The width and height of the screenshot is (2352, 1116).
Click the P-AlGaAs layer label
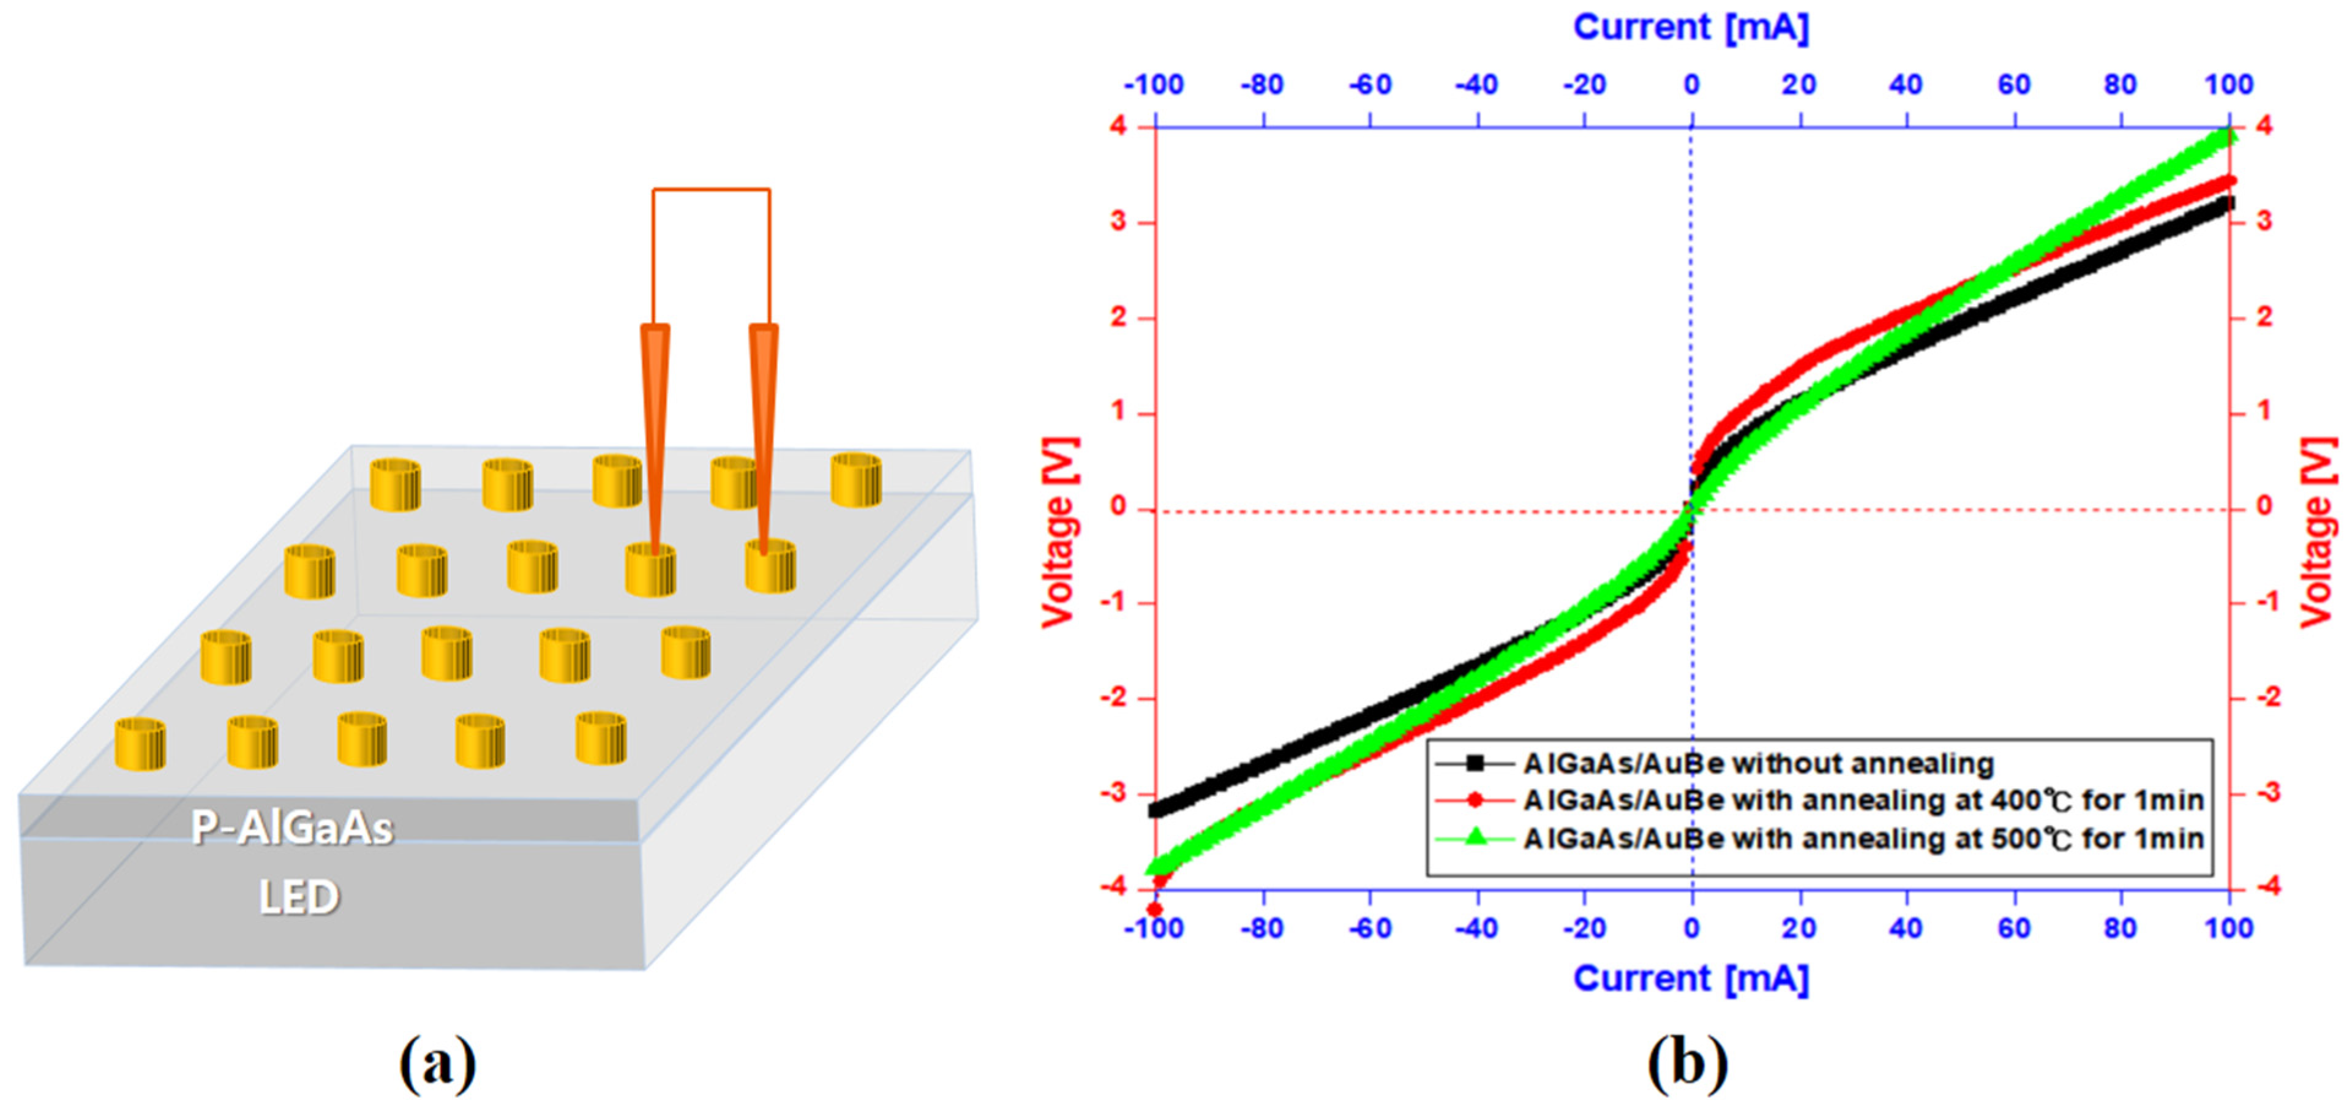pyautogui.click(x=292, y=828)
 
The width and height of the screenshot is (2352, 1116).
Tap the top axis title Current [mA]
pyautogui.click(x=1690, y=28)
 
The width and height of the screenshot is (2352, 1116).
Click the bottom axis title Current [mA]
pyautogui.click(x=1690, y=979)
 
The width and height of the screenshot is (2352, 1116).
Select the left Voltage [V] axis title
pyautogui.click(x=1059, y=532)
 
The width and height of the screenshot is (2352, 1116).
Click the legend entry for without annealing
pyautogui.click(x=1757, y=763)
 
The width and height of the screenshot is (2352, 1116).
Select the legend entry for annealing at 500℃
pyautogui.click(x=1863, y=839)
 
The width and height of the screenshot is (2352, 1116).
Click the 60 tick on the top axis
pyautogui.click(x=2013, y=85)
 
